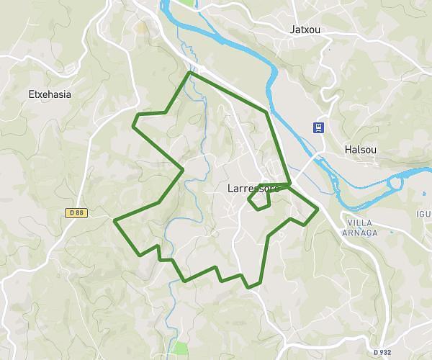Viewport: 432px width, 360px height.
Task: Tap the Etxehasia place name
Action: click(x=49, y=94)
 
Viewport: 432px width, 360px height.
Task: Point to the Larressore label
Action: click(x=253, y=189)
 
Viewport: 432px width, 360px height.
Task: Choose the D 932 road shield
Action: click(x=383, y=352)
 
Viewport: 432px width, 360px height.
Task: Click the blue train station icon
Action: click(x=318, y=127)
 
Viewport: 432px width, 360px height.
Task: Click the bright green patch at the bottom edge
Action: click(x=179, y=350)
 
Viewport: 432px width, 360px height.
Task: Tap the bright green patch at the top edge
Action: click(x=186, y=3)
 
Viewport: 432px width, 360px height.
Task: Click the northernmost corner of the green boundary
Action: click(x=189, y=73)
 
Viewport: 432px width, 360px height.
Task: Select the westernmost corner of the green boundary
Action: click(x=115, y=220)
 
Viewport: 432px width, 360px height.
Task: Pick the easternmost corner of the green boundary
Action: click(x=318, y=210)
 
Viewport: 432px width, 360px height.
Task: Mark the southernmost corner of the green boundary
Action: click(x=249, y=287)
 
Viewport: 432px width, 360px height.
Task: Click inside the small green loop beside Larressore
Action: click(x=261, y=197)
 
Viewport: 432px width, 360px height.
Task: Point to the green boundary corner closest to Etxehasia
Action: click(x=133, y=125)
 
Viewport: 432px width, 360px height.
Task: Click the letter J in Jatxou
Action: click(x=291, y=30)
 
